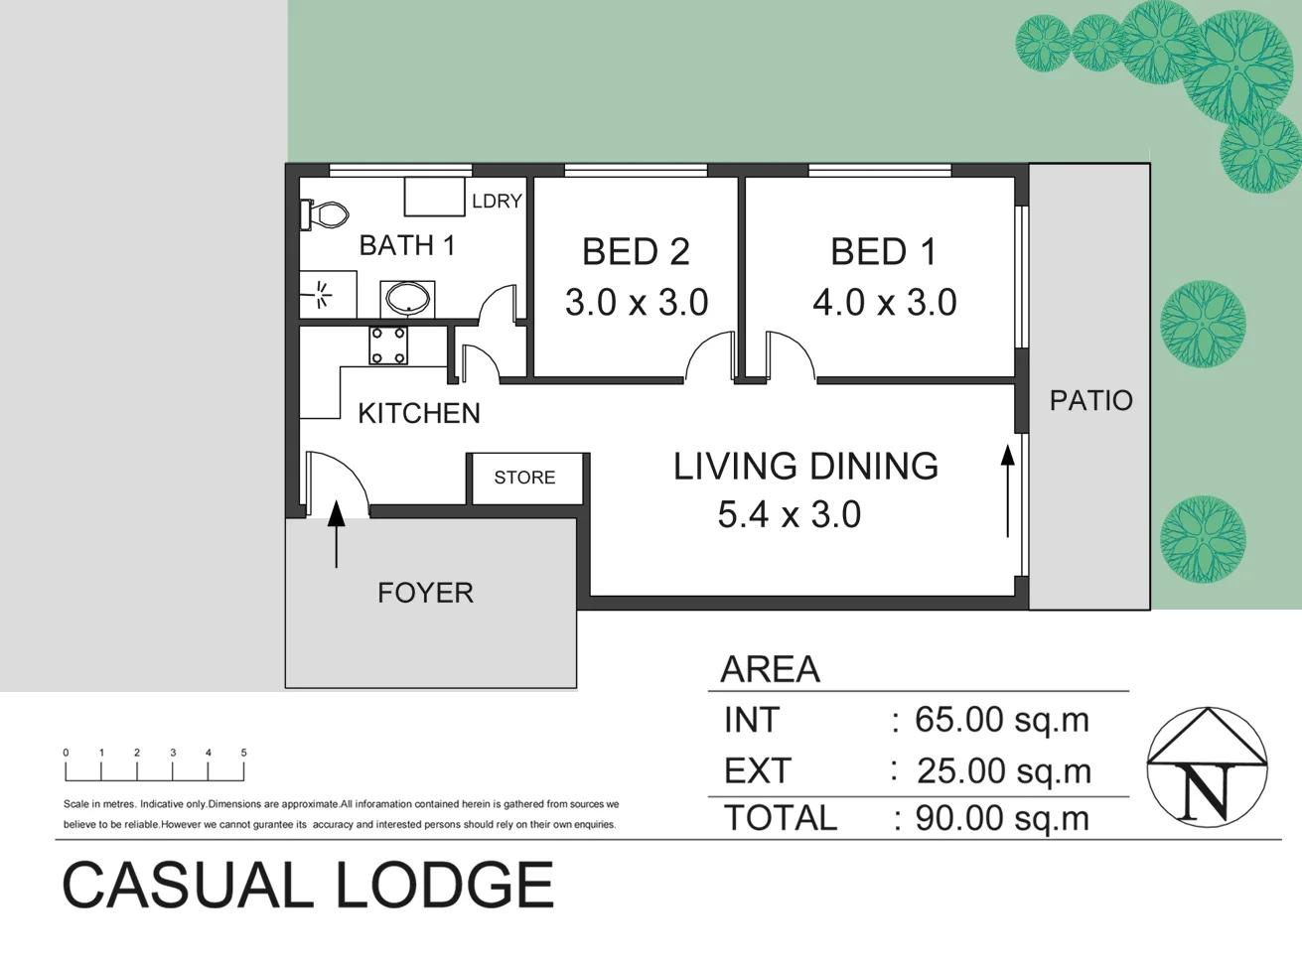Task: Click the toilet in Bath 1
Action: (x=326, y=214)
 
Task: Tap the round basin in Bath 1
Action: (x=406, y=298)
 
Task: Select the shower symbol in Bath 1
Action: (x=321, y=294)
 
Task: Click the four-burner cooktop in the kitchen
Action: (x=388, y=345)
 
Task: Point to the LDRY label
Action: (x=497, y=202)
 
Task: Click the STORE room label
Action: (x=524, y=478)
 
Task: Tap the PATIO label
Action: (x=1090, y=401)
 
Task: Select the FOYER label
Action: (x=425, y=593)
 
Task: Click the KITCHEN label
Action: (x=418, y=413)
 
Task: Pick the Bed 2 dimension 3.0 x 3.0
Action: (x=637, y=303)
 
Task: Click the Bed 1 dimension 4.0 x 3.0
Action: (x=884, y=303)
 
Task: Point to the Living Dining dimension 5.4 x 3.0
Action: (x=789, y=515)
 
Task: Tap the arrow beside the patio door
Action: (x=1007, y=490)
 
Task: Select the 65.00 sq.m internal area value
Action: (x=1001, y=720)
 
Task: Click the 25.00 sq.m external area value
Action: (x=1003, y=771)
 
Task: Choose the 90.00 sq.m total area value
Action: (x=1001, y=819)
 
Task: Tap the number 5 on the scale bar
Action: (x=243, y=753)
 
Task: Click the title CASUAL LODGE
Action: (x=308, y=886)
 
